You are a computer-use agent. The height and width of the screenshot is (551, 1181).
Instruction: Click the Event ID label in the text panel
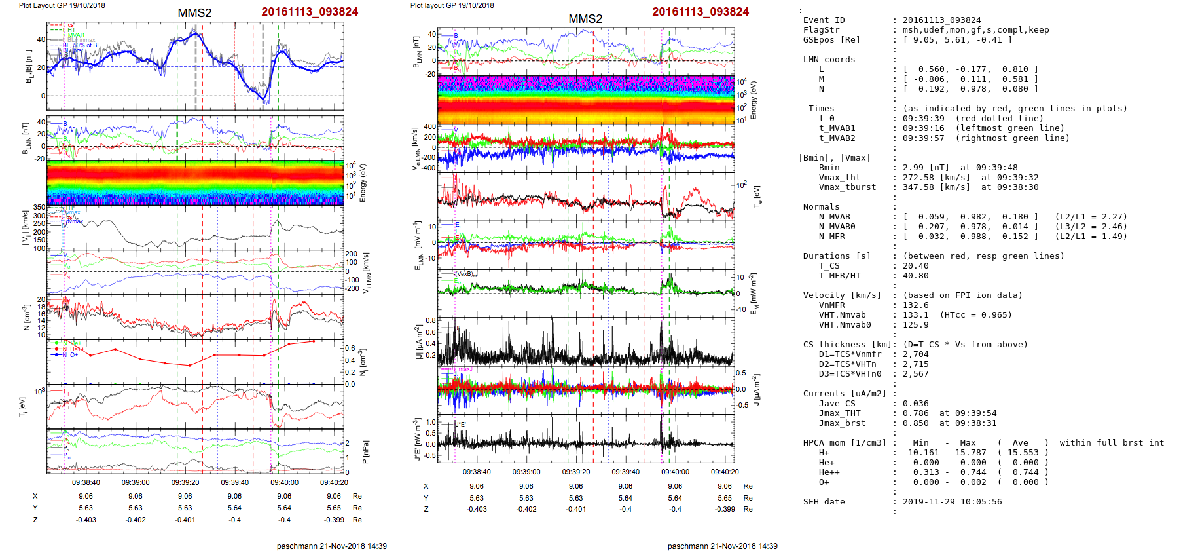pos(824,20)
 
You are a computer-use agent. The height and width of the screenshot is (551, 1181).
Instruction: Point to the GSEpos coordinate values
pos(956,40)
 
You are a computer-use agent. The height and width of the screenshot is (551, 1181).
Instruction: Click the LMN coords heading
pos(829,60)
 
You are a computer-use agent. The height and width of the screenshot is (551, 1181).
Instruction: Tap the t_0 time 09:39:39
pos(923,119)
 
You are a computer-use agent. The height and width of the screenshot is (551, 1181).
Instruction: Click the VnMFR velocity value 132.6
pos(915,305)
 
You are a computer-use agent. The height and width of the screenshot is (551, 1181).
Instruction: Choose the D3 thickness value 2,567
pos(915,374)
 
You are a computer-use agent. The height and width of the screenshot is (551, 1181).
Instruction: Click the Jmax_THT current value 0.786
pos(915,413)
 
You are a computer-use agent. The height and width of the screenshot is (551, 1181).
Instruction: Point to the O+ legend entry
pos(73,355)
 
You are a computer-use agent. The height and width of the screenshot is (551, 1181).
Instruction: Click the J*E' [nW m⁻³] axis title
pos(416,439)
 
